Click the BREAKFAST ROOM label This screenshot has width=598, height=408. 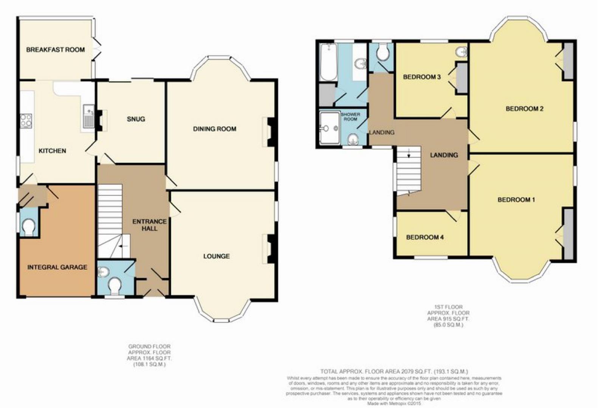coord(55,49)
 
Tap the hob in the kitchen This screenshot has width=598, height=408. coord(26,121)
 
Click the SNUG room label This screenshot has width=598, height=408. coord(136,119)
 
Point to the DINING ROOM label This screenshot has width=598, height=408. coord(214,129)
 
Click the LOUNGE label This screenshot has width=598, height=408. coord(216,256)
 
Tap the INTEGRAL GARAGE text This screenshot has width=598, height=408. coord(57,267)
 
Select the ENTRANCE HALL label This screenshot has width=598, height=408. coord(149,225)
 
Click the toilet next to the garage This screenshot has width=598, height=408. coord(28,227)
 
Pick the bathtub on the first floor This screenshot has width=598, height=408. coord(328,62)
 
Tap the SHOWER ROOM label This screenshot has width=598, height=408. coord(350,116)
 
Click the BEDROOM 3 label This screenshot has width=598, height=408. coord(421,77)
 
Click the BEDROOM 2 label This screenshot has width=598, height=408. coord(524,109)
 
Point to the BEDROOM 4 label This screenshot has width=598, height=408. coord(424,237)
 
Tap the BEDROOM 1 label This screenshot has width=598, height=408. coord(516,199)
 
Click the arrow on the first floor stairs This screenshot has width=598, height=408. coord(409,153)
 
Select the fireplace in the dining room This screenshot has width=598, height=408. coord(270,132)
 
